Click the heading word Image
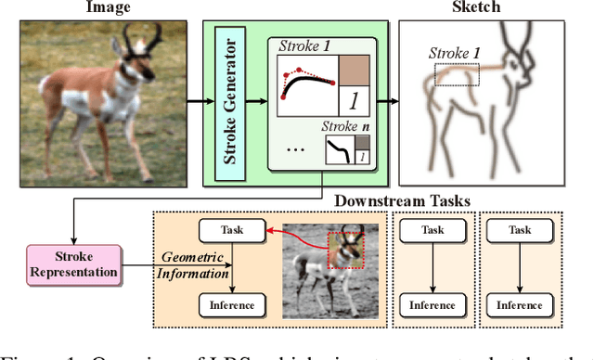coord(108,7)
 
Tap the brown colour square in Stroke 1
coord(353,71)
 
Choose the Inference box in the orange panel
coord(231,305)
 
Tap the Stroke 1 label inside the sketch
coord(454,53)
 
